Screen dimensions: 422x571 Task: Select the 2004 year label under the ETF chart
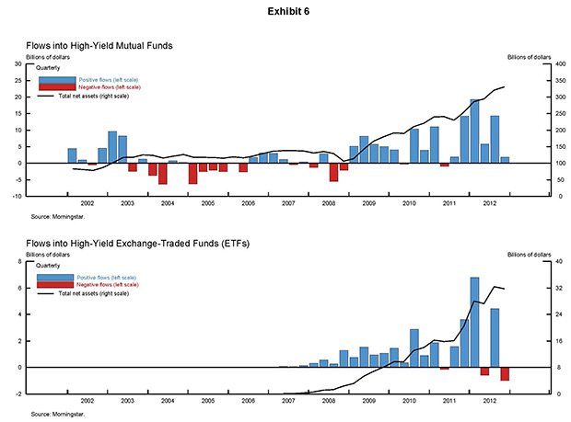(168, 401)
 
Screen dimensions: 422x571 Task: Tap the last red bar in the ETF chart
(505, 373)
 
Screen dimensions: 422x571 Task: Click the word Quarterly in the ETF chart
(48, 271)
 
